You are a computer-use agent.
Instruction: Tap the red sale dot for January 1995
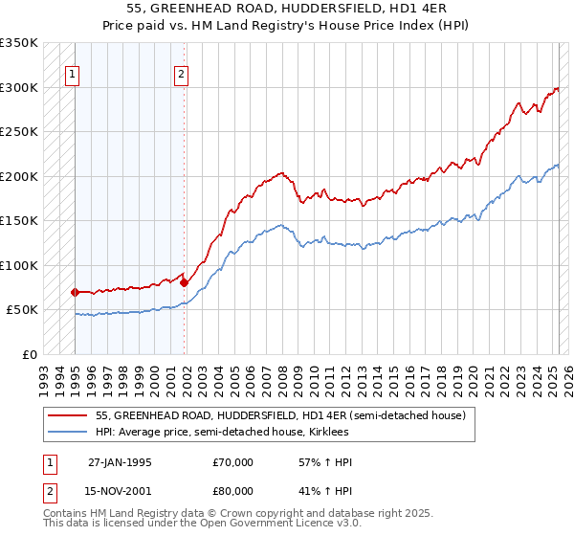(x=75, y=292)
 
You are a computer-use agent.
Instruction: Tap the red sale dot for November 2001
(x=184, y=282)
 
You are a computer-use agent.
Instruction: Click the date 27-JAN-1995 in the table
(x=120, y=462)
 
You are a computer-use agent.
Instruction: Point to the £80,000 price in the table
(x=233, y=490)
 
